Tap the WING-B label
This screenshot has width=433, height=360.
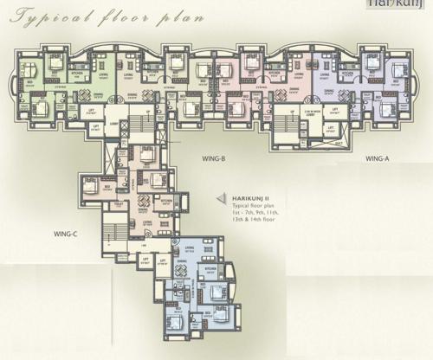[213, 158]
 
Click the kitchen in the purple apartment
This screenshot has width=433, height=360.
[349, 75]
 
